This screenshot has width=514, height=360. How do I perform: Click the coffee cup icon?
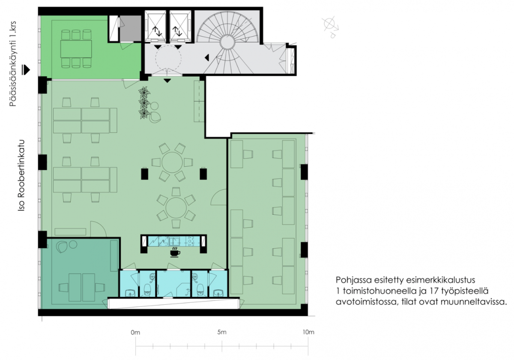[x=175, y=252]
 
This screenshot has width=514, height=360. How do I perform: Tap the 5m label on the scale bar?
[x=222, y=332]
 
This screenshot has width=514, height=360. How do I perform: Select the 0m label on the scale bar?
[x=135, y=332]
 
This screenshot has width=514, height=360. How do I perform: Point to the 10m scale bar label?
[x=308, y=332]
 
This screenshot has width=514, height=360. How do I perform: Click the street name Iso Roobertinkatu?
[x=21, y=175]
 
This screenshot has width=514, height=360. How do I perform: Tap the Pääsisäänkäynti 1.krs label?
[x=13, y=64]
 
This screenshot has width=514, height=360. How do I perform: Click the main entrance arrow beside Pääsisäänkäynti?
[x=26, y=70]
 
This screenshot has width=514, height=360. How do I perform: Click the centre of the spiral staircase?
[x=227, y=42]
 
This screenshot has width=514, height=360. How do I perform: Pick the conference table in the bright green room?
[x=76, y=49]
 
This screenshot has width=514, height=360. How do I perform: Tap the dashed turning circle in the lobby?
[x=168, y=58]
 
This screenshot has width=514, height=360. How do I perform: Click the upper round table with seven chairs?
[x=172, y=162]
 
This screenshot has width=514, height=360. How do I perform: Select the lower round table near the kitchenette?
[x=176, y=208]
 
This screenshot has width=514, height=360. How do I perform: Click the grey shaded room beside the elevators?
[x=130, y=28]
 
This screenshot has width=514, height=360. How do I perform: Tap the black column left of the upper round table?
[x=145, y=174]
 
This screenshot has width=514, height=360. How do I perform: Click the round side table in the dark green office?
[x=73, y=244]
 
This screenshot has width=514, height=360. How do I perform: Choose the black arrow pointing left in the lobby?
[x=207, y=57]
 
